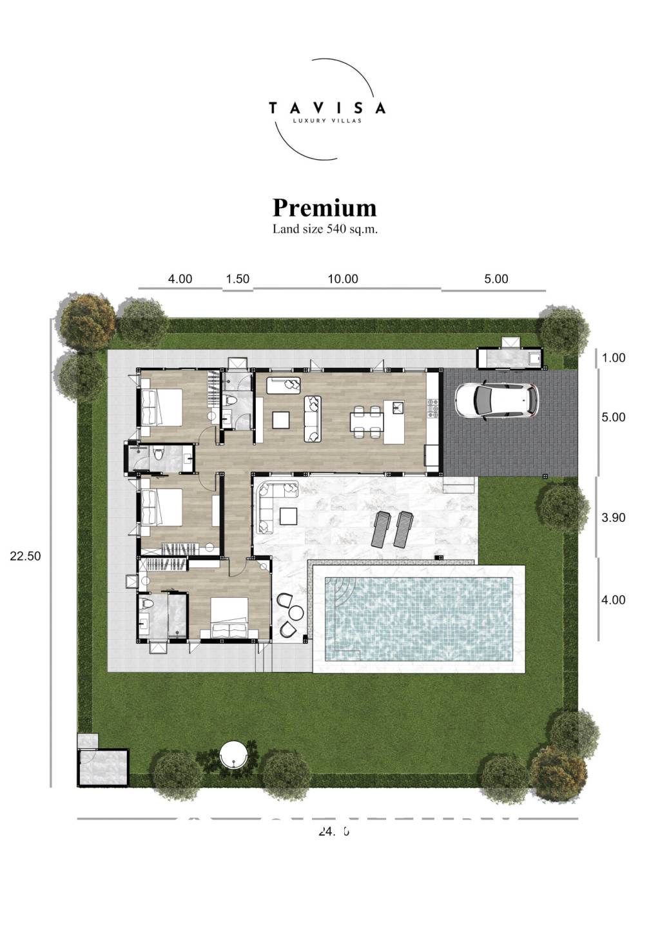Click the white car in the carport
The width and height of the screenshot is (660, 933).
(496, 401)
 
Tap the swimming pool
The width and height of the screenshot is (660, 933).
(419, 619)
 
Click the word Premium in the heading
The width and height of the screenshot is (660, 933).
(324, 207)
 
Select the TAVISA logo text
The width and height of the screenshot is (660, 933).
(327, 108)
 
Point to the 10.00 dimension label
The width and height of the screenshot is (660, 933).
(342, 279)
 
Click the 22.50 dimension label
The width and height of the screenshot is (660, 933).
(25, 556)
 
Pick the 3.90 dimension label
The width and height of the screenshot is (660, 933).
(613, 517)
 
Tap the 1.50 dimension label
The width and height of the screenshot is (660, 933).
(237, 279)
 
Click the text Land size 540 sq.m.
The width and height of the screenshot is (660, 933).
(324, 229)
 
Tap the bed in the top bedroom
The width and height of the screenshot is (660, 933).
(161, 407)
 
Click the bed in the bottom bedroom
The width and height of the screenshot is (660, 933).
(229, 619)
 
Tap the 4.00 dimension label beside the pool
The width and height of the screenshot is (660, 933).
(613, 600)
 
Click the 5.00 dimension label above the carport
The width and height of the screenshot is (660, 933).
(496, 279)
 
